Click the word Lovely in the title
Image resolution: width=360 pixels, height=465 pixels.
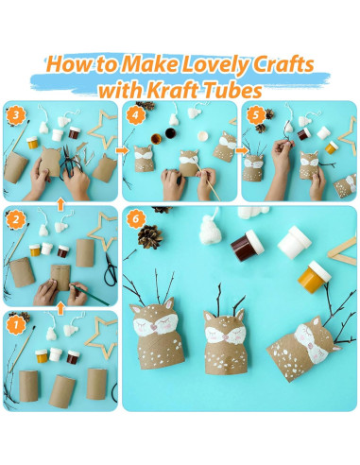point(214,64)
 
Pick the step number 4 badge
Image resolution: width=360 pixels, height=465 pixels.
point(135,115)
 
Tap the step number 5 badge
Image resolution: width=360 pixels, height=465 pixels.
point(255,115)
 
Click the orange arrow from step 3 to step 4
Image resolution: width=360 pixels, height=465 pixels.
point(123,150)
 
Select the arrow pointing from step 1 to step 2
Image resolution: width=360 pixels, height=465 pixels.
point(60,309)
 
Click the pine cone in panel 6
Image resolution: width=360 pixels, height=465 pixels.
point(150,236)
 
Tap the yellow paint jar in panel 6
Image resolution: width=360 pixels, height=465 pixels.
point(315,277)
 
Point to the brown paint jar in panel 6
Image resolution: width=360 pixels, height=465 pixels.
point(248,246)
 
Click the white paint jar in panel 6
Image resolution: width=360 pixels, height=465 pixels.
point(295,243)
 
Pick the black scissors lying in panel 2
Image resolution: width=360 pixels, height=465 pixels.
point(111,269)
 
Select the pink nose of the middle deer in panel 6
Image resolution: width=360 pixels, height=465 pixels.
point(226,337)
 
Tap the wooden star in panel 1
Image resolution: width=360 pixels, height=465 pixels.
point(101,337)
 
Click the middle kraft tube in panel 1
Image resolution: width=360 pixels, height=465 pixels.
point(62,391)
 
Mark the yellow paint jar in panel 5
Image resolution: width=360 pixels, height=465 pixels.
point(332,147)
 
